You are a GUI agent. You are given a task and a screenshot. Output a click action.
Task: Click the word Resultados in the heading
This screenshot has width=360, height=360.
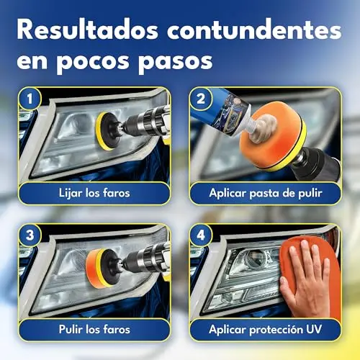point(88,30)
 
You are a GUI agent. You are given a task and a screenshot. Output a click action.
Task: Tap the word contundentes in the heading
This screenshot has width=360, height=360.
point(254,30)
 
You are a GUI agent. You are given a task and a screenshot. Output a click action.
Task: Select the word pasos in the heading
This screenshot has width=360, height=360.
point(176,62)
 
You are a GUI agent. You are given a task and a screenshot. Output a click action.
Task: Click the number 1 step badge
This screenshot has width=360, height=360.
point(30,99)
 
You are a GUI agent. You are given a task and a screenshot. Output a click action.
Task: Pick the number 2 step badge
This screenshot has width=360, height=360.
point(201,99)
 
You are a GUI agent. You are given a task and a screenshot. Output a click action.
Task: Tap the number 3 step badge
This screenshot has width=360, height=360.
point(30,235)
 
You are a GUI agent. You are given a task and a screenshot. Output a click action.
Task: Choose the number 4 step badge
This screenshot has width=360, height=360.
point(201,235)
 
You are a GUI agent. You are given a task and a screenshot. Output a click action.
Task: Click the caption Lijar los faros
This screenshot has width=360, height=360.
point(94,193)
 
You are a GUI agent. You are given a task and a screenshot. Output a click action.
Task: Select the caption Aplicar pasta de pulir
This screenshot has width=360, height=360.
point(265,193)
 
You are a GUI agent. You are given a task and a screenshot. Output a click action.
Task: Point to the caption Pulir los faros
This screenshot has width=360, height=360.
point(94,330)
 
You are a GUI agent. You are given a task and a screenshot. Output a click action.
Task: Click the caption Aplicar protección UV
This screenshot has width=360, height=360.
point(265,330)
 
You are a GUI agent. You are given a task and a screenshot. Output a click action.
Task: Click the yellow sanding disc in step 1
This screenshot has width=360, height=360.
point(102,131)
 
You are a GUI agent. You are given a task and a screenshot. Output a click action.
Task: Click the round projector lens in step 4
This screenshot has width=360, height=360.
point(256,258)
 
